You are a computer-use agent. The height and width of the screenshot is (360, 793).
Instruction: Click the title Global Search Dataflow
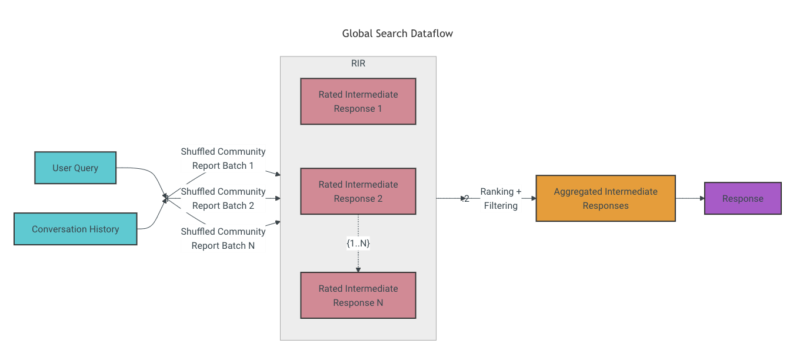[398, 34]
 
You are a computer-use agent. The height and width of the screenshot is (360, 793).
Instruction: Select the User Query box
[75, 168]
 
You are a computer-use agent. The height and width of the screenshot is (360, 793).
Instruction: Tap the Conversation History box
[75, 229]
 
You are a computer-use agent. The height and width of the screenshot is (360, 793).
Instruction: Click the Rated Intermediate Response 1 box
[358, 101]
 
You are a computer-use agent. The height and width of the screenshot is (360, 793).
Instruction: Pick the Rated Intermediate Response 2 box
[358, 191]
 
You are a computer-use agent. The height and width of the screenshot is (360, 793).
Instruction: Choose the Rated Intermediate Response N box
[358, 295]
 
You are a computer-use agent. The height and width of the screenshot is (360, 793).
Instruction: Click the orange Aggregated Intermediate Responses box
[605, 198]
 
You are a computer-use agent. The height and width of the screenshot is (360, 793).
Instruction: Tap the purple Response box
[742, 198]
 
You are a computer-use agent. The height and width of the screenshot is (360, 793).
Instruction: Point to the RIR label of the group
[358, 64]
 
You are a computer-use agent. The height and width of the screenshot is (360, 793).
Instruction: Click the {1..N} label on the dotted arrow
[358, 243]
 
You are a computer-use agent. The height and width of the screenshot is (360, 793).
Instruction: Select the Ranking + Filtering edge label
[501, 198]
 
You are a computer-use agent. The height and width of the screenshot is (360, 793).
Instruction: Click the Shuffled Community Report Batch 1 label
[223, 158]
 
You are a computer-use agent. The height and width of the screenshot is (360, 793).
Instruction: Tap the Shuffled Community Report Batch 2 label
[223, 198]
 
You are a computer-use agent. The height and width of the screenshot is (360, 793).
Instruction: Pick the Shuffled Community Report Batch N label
[223, 238]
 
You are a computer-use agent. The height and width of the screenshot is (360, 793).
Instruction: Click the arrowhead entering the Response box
[702, 198]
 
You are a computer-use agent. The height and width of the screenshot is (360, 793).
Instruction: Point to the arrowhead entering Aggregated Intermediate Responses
[534, 198]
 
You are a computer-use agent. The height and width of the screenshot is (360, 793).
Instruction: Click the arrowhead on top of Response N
[358, 270]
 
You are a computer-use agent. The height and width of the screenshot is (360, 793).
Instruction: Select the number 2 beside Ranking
[467, 199]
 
